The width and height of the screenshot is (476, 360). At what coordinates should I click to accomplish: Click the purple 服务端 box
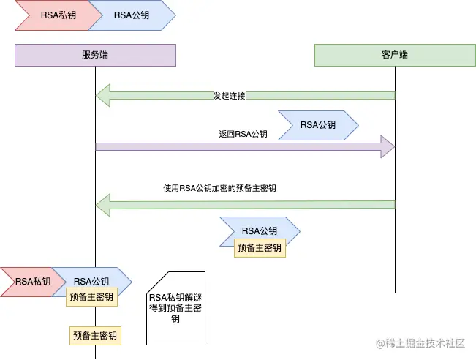95,55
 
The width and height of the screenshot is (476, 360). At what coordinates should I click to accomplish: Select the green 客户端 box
395,55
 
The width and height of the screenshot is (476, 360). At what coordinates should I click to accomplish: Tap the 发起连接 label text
229,96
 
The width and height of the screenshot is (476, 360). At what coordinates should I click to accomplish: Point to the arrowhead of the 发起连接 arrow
102,95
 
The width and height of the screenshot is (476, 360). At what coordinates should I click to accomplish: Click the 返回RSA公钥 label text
243,134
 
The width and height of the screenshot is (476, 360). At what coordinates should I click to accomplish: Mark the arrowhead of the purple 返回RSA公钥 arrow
388,146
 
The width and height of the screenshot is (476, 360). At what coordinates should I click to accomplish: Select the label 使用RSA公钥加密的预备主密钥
219,188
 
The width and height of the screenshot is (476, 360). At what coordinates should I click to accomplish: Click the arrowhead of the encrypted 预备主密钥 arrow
102,200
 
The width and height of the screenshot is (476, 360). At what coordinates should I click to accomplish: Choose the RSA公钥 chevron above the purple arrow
318,124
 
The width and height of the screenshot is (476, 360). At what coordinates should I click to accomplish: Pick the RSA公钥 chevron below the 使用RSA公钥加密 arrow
260,230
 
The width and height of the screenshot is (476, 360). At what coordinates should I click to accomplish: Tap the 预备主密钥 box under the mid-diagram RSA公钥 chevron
260,248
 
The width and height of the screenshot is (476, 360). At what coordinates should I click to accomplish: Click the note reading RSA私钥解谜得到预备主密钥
175,308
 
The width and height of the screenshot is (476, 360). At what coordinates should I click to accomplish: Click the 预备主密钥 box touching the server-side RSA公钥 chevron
91,296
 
